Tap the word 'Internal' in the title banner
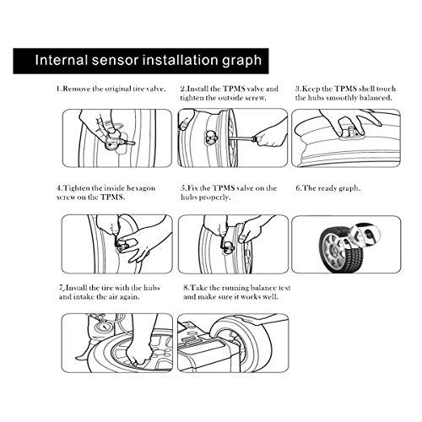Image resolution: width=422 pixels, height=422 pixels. click(x=62, y=60)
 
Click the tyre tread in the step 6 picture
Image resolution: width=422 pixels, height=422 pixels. click(x=352, y=255)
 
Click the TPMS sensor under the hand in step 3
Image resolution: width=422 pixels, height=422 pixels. click(x=351, y=133)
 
